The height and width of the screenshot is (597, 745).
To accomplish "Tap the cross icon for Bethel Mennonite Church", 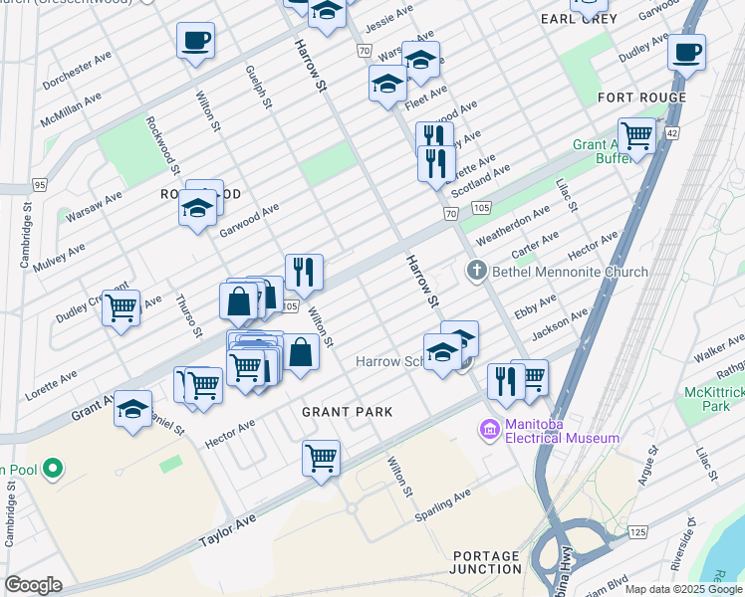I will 476,271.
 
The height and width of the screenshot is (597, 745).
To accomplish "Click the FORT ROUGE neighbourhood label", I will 641,98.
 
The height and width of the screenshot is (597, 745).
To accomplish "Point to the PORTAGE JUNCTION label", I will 486,562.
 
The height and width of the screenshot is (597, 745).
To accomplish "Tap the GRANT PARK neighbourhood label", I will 348,411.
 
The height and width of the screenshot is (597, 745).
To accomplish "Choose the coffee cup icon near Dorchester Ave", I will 195,41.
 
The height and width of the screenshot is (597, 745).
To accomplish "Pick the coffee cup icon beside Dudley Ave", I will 686,52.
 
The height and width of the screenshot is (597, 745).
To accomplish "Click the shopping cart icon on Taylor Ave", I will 321,459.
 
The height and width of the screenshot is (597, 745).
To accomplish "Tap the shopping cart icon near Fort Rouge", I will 635,134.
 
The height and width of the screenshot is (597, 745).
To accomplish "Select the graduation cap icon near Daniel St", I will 132,409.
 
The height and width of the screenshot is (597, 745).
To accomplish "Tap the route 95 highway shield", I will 40,185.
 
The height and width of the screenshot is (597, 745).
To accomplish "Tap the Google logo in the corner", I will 33,585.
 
